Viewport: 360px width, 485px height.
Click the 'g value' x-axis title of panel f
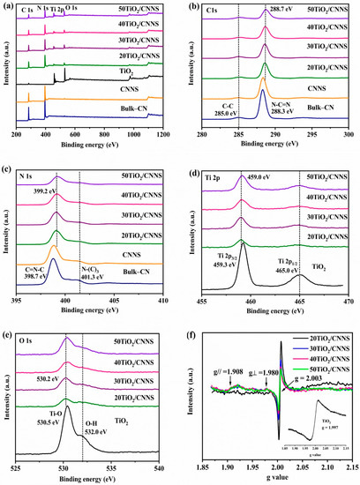pyautogui.click(x=278, y=479)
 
